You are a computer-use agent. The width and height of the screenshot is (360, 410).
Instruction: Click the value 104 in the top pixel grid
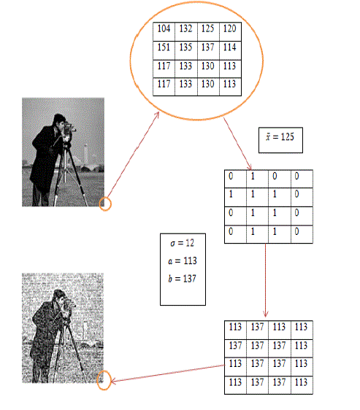[x=164, y=28]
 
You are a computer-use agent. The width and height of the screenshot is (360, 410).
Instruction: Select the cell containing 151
[x=164, y=47]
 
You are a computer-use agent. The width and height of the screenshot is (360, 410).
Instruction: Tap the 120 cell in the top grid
[x=229, y=28]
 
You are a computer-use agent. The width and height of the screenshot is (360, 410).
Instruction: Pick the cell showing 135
[x=185, y=47]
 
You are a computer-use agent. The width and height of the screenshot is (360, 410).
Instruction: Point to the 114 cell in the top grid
[x=229, y=47]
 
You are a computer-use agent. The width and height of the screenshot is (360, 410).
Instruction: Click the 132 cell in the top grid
[x=185, y=28]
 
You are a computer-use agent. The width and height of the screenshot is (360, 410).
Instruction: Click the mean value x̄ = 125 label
[x=280, y=136]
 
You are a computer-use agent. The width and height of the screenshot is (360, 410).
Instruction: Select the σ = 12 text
[x=183, y=243]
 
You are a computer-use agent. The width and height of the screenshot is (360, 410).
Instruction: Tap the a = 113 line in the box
[x=183, y=260]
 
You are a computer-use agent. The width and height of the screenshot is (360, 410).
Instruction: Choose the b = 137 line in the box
[x=183, y=279]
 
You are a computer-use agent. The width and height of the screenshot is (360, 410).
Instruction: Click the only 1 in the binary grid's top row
[x=253, y=177]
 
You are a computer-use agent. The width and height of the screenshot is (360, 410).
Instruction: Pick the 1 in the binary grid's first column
[x=231, y=194]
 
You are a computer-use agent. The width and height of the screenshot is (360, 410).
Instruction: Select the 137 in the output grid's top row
[x=257, y=327]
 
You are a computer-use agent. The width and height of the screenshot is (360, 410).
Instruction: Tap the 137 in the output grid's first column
[x=235, y=345]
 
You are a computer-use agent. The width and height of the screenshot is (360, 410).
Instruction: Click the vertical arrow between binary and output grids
[x=266, y=280]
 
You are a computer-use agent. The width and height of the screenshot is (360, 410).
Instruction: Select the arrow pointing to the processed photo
[x=167, y=374]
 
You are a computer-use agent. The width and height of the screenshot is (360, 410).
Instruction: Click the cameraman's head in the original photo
[x=59, y=120]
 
